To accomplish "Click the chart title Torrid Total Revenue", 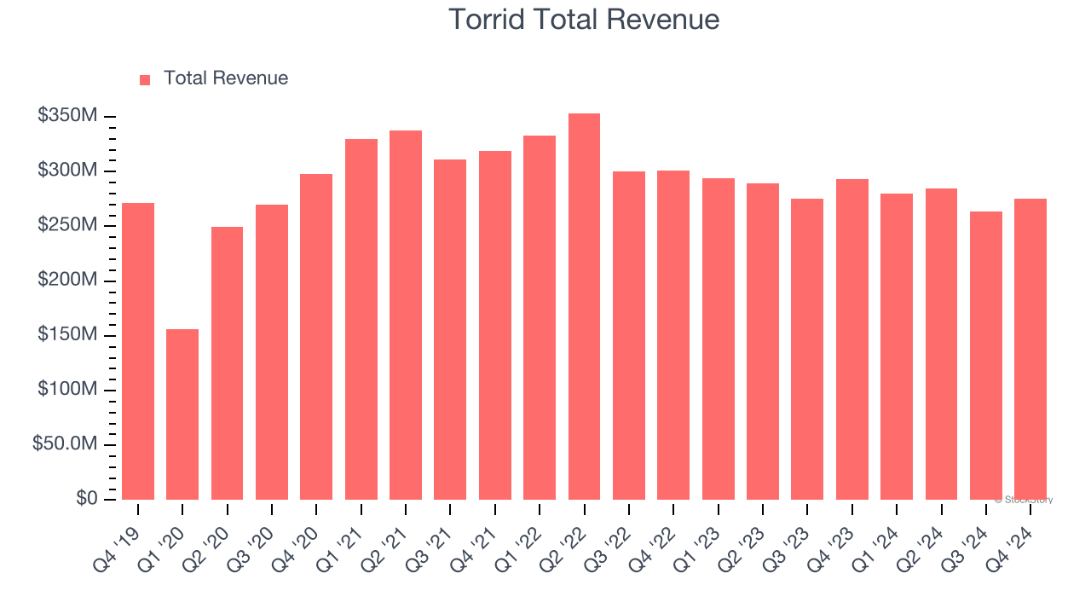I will tap(584, 19).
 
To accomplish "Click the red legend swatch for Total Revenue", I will tap(145, 79).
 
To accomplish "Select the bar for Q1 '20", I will tap(182, 414).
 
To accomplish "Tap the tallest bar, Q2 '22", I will tap(584, 307).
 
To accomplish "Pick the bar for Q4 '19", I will tap(138, 351).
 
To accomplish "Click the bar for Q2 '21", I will tap(406, 316).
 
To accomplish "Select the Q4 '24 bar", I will tap(1030, 350).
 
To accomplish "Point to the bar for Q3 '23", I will tap(807, 350).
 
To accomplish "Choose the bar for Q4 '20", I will tap(316, 337).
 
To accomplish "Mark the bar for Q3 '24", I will tap(985, 356).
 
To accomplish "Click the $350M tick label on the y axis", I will tap(67, 116).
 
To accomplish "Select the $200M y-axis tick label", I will tap(67, 281).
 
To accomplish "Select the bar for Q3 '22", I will tap(629, 335).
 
